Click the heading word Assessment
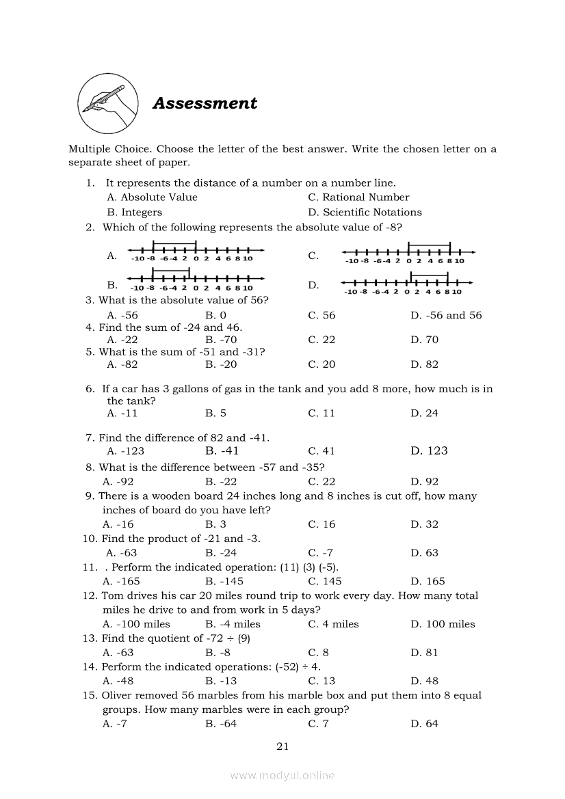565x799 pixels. point(205,103)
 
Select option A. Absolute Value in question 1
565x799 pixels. point(152,198)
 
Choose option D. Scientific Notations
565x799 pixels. point(365,213)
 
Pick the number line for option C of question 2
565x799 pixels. point(408,254)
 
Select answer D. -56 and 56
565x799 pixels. point(446,315)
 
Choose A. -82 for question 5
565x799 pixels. point(122,364)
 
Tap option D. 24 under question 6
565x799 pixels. point(425,413)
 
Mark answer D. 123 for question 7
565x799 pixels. point(429,450)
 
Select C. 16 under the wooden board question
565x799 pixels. point(321,524)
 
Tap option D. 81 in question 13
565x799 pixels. point(424,652)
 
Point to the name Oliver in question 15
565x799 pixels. point(118,695)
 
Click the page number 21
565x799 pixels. point(282,746)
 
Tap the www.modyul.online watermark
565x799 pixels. point(282,775)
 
